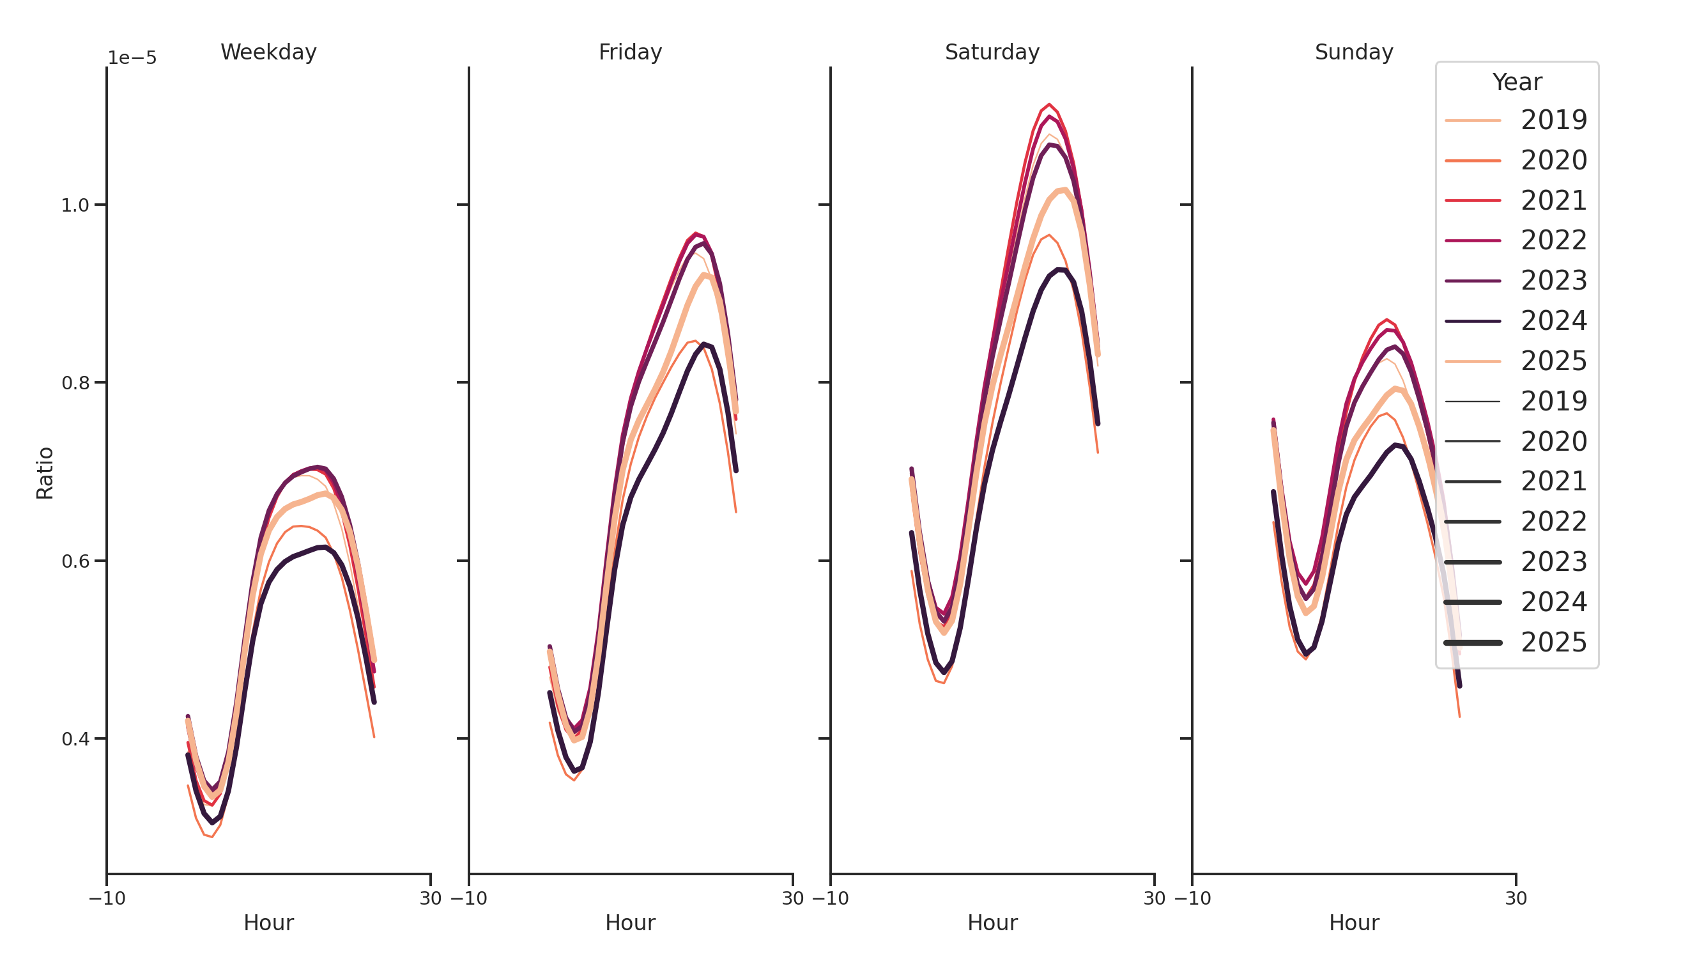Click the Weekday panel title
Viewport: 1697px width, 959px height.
[268, 52]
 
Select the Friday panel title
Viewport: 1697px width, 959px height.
[630, 52]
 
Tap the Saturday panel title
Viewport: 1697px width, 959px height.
[992, 52]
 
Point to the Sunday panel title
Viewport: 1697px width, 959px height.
[1354, 52]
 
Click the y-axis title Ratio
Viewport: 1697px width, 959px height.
[45, 472]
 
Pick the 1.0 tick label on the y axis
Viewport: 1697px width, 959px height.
[75, 205]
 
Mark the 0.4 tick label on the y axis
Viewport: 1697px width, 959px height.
[75, 739]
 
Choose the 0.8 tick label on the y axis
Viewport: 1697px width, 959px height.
[75, 383]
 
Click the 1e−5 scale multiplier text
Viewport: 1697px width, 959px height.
[132, 58]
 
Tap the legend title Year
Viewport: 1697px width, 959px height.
[1516, 82]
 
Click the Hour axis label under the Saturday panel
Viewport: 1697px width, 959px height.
[992, 923]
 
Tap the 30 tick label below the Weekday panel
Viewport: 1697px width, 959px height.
[430, 898]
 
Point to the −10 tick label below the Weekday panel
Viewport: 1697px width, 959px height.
[107, 898]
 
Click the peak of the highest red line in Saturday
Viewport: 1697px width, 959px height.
[1049, 104]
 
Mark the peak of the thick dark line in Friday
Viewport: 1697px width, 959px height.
[703, 344]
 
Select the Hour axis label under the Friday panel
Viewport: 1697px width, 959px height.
[630, 923]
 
